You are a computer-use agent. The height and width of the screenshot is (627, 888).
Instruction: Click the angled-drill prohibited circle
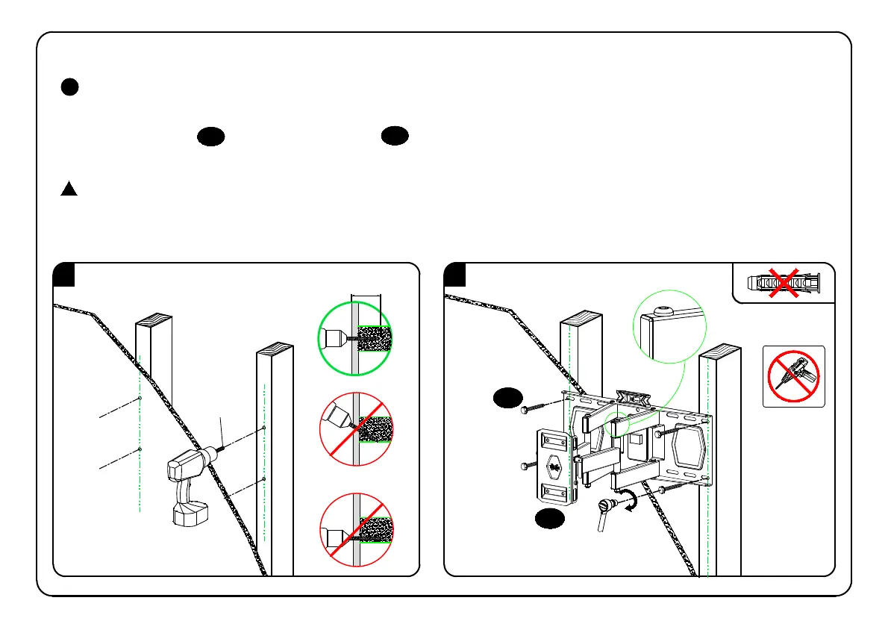point(356,428)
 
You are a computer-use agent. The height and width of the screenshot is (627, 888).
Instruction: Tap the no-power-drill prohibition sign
point(793,376)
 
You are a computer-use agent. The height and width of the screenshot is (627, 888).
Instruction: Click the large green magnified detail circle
point(669,327)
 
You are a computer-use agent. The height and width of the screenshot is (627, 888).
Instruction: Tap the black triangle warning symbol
point(69,189)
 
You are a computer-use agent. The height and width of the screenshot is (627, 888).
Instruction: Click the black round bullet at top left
point(69,87)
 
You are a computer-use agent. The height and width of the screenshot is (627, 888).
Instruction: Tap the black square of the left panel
point(64,274)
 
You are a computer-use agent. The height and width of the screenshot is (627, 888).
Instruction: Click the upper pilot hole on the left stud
point(140,399)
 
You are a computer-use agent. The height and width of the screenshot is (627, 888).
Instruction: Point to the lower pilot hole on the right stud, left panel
point(265,478)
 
